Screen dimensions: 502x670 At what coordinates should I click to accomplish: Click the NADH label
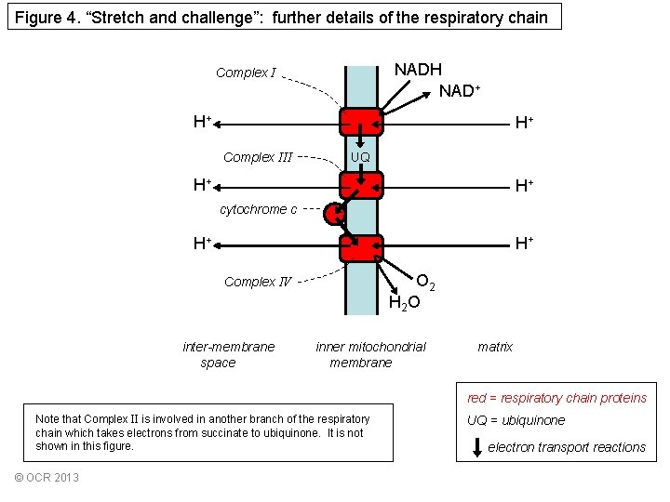coord(418,70)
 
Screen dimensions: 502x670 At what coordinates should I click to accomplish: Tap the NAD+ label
coord(460,91)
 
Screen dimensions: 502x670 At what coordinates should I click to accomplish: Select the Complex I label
coord(246,73)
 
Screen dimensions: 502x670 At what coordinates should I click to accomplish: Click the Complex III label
coord(259,157)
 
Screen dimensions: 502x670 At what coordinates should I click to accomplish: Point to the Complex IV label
coord(258,282)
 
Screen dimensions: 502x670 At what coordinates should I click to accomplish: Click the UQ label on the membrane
coord(360,157)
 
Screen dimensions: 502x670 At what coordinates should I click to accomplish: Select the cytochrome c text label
coord(259,209)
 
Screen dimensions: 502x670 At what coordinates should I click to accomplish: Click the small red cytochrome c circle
coord(334,215)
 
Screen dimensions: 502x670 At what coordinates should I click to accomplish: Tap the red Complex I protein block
coord(361,122)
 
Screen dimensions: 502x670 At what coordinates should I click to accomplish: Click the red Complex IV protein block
coord(361,247)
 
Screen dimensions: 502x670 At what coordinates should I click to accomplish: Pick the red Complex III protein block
coord(361,184)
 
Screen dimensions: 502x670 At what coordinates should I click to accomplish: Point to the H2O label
coord(404,302)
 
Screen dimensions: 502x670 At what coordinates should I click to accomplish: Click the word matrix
coord(495,347)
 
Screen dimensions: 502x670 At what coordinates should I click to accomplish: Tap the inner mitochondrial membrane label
coord(370,354)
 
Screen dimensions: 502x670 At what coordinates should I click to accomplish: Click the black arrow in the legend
coord(477,447)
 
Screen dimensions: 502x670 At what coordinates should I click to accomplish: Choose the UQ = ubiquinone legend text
coord(516,420)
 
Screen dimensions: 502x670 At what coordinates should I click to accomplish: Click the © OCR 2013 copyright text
coord(47,478)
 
